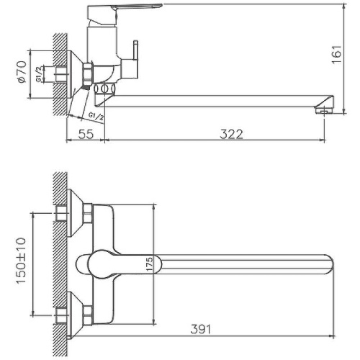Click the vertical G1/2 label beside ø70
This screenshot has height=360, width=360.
coord(40,73)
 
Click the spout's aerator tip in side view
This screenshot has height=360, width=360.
coord(325,107)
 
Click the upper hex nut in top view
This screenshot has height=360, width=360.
coord(89,213)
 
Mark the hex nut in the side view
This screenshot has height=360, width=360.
coord(89,73)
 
